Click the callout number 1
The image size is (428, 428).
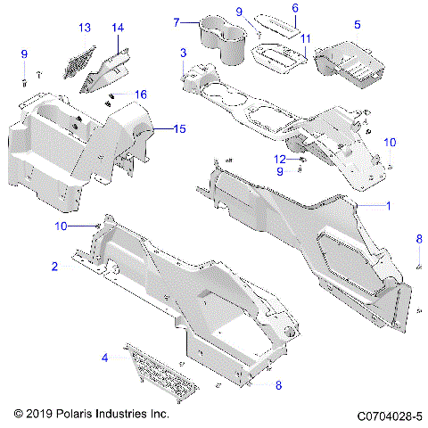[x=388, y=206]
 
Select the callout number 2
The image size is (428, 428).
[x=54, y=267]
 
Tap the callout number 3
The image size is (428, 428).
[x=183, y=53]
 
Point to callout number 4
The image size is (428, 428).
[x=104, y=358]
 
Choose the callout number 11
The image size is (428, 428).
[x=305, y=40]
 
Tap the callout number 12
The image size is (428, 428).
[x=280, y=159]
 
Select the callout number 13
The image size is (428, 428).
[x=84, y=28]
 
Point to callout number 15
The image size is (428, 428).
[x=179, y=130]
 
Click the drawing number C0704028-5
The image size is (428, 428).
[x=389, y=416]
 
